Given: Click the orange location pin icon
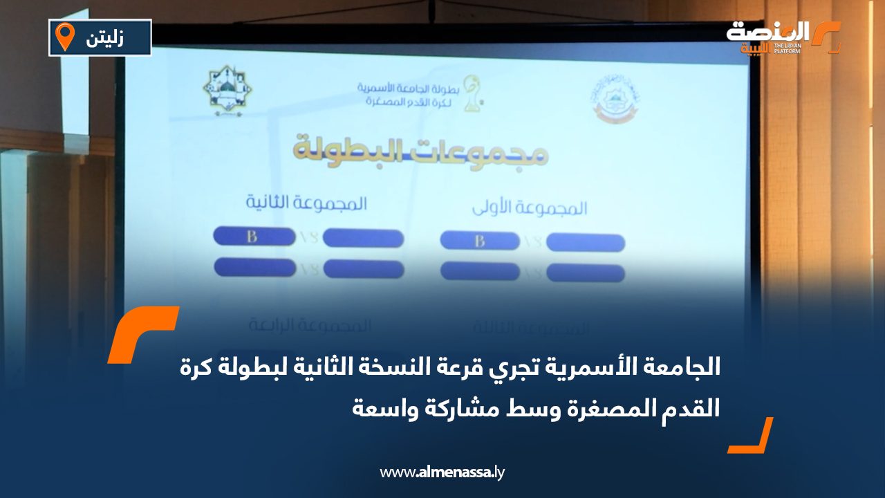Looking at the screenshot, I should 65,37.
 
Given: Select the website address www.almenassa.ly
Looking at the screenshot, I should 442,473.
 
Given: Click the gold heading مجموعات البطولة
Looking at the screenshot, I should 421,151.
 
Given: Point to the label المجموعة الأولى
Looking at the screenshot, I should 530,207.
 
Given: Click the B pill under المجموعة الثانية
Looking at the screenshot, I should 253,237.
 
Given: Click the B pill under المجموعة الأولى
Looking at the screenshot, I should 480,241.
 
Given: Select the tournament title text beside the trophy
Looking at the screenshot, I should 410,95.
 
